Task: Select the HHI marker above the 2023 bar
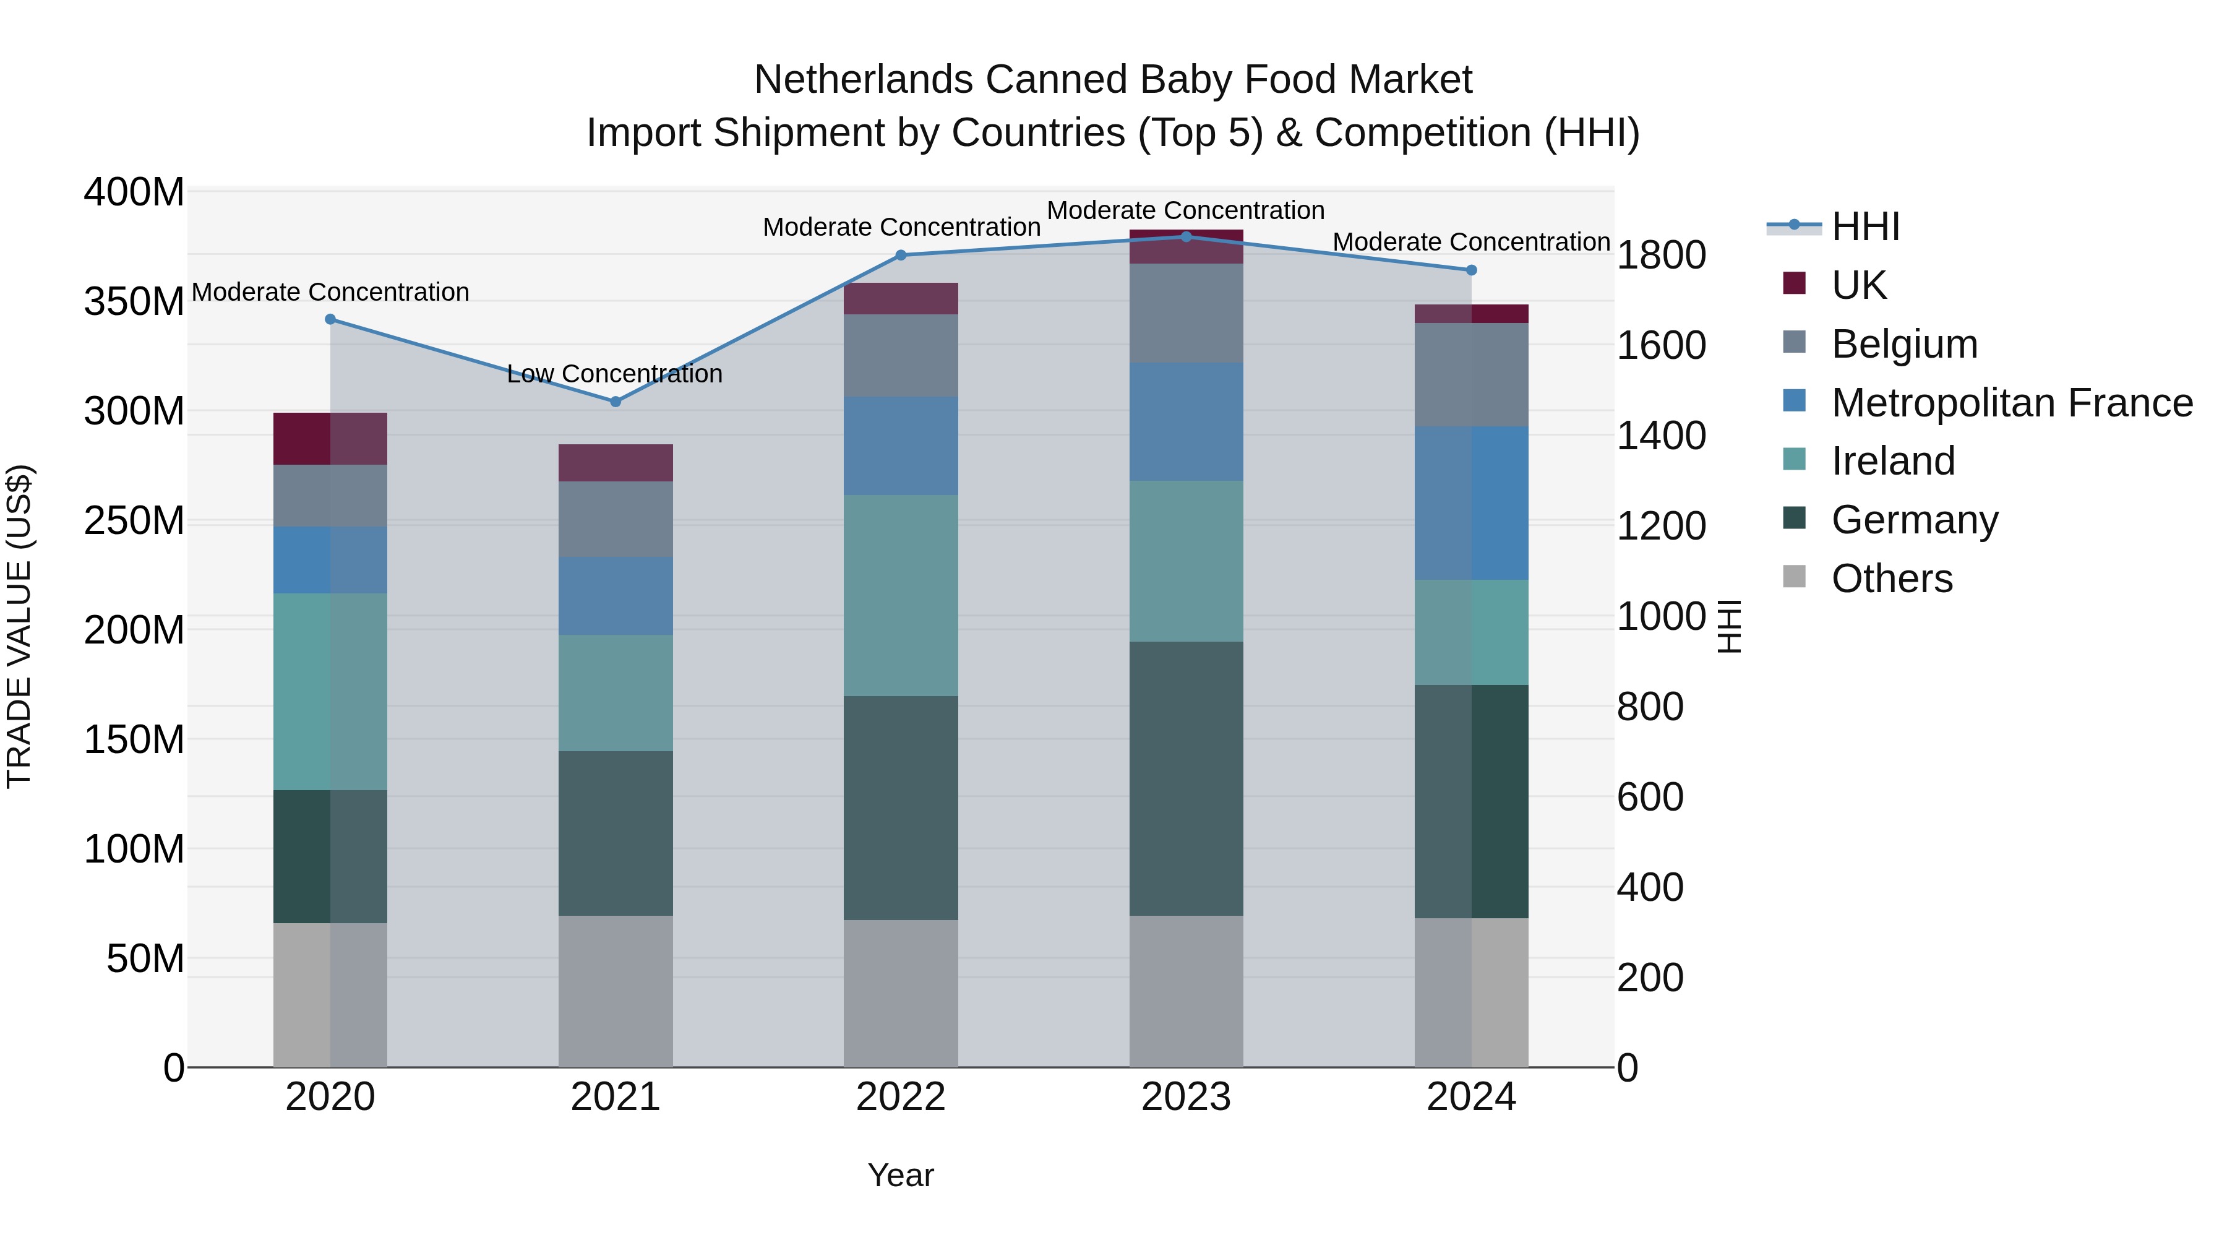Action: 1186,237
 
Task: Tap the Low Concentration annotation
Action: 615,374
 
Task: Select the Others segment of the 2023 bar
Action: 1186,991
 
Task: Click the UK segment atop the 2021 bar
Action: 616,463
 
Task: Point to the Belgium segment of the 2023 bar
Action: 1186,313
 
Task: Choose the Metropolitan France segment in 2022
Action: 901,446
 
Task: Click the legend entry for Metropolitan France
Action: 2012,403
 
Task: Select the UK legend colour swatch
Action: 1794,283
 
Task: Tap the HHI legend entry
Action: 1864,226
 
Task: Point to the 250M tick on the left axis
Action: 134,522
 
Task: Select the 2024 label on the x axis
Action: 1472,1097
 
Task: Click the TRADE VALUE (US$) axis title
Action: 20,627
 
